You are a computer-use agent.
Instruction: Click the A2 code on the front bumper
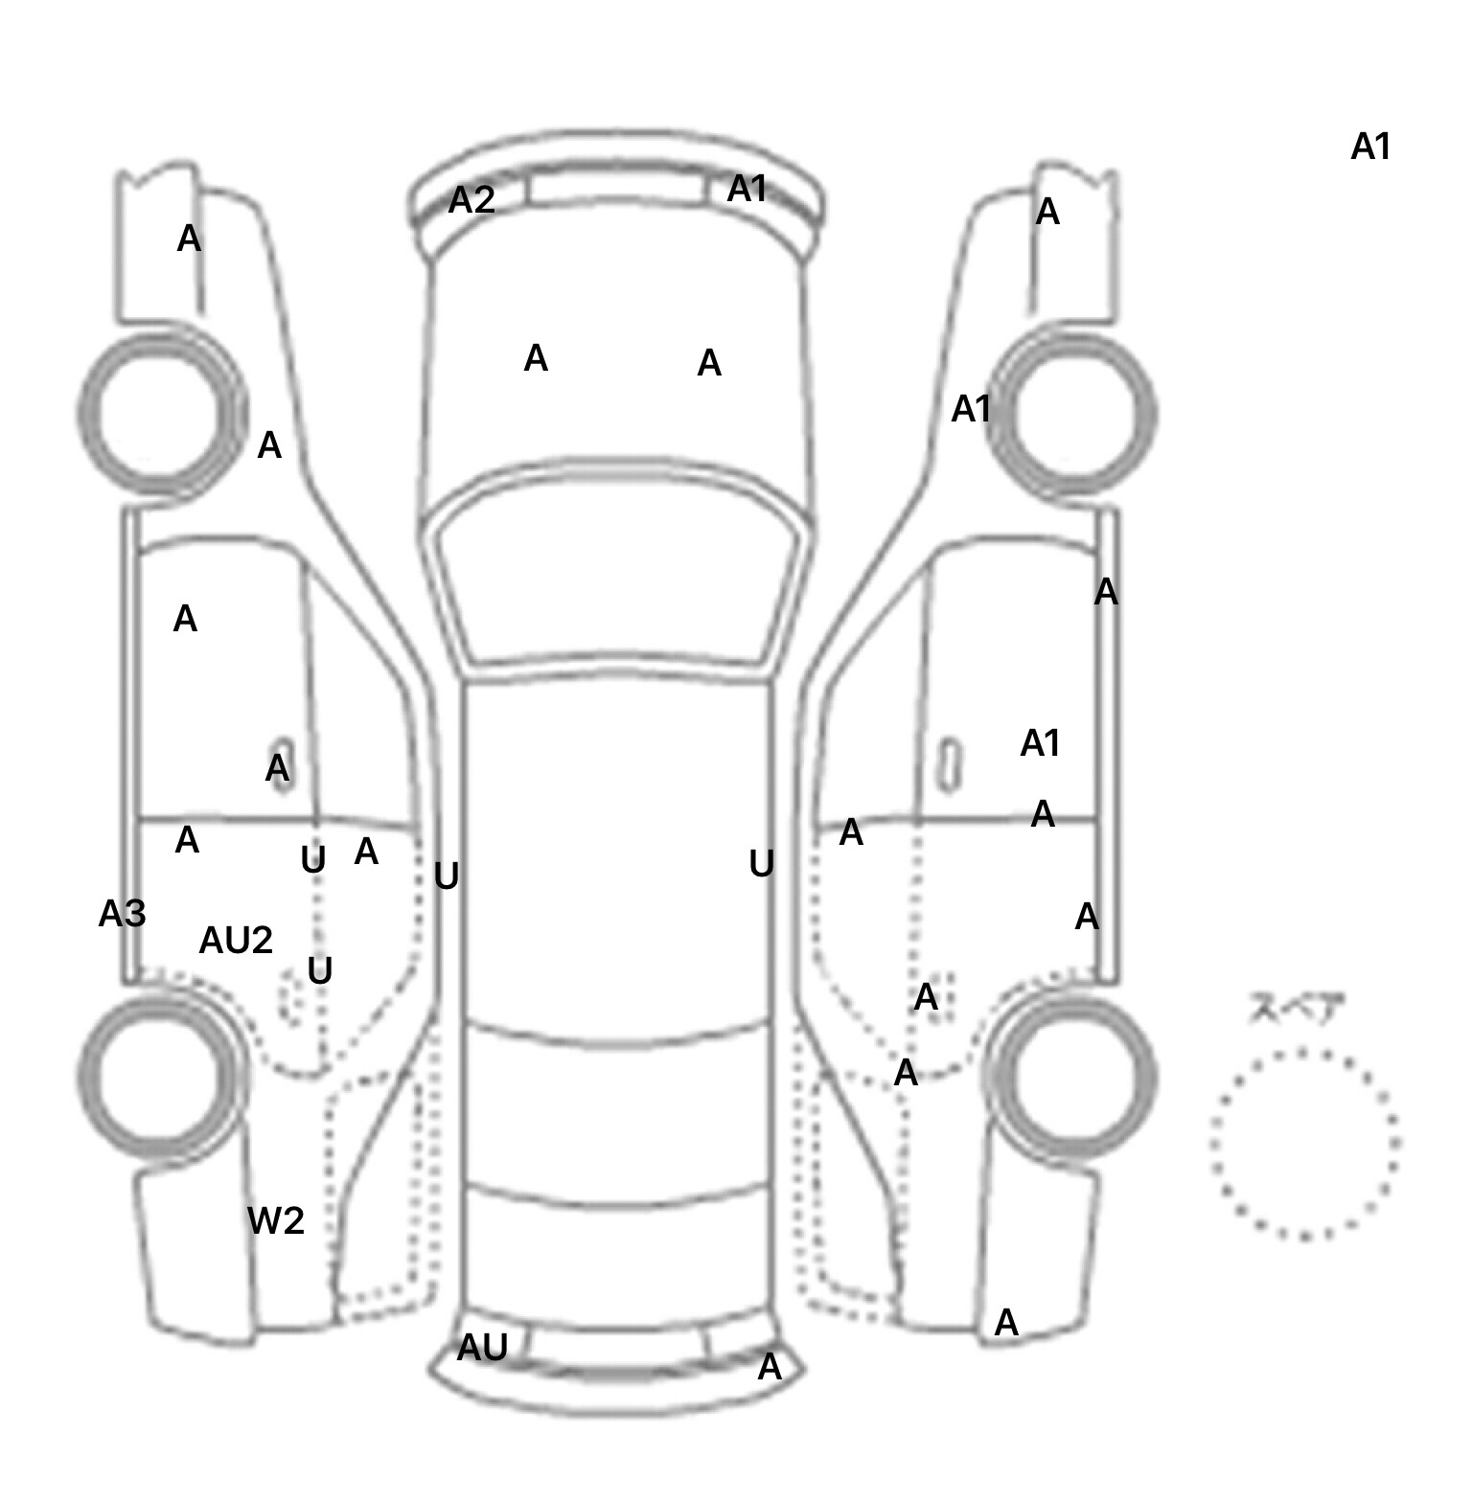pyautogui.click(x=471, y=200)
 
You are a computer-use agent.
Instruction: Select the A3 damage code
pyautogui.click(x=122, y=914)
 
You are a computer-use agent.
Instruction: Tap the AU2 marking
pyautogui.click(x=236, y=941)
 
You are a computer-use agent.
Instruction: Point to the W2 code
pyautogui.click(x=276, y=1220)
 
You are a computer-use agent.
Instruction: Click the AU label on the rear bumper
pyautogui.click(x=481, y=1348)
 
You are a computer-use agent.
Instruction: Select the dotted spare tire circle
pyautogui.click(x=1304, y=1144)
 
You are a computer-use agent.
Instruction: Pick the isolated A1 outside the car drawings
pyautogui.click(x=1370, y=147)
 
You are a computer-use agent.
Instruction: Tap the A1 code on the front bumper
pyautogui.click(x=747, y=189)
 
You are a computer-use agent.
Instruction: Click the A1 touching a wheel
pyautogui.click(x=971, y=409)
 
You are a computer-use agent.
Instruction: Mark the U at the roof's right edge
pyautogui.click(x=761, y=864)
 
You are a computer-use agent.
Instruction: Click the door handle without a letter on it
pyautogui.click(x=949, y=763)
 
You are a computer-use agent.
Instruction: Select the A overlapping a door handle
pyautogui.click(x=277, y=767)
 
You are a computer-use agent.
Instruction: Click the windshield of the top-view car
pyautogui.click(x=618, y=575)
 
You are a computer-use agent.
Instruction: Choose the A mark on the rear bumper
pyautogui.click(x=770, y=1367)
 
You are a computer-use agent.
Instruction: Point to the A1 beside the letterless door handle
pyautogui.click(x=1040, y=742)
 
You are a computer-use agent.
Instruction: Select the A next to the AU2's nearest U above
pyautogui.click(x=366, y=851)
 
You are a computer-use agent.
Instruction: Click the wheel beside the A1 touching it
pyautogui.click(x=1083, y=414)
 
